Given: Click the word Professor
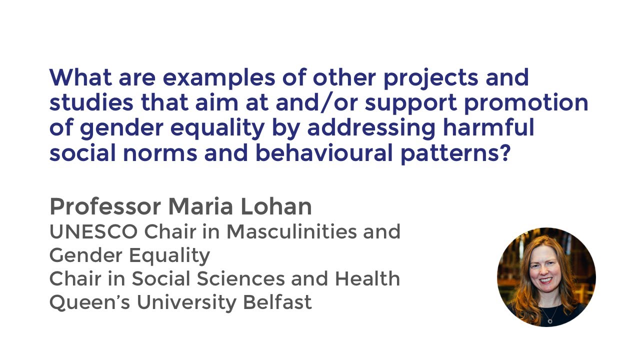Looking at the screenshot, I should [x=105, y=206].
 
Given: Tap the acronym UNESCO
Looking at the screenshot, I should [x=93, y=231].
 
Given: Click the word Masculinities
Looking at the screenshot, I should [x=295, y=231].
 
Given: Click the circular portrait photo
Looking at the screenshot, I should [x=546, y=277].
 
